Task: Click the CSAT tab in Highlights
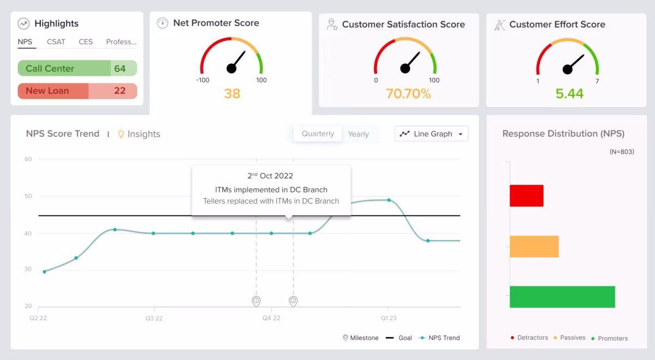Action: [56, 42]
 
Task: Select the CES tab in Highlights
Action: [85, 42]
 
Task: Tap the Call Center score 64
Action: [120, 68]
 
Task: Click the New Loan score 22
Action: [120, 91]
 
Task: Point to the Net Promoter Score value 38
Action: [232, 94]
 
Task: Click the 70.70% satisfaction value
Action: [408, 94]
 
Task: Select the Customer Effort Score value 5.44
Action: [569, 94]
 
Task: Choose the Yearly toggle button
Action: [358, 134]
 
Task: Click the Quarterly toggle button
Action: [318, 134]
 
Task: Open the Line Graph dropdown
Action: [431, 134]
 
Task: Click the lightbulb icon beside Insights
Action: [121, 134]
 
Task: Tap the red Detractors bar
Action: [526, 195]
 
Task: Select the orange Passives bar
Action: [534, 247]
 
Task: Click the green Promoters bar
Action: [562, 297]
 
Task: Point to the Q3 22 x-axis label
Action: [154, 318]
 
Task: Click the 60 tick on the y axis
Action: [28, 159]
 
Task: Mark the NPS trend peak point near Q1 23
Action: [389, 200]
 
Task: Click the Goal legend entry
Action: [399, 338]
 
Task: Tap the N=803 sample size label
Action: [622, 152]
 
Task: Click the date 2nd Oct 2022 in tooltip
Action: [270, 176]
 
